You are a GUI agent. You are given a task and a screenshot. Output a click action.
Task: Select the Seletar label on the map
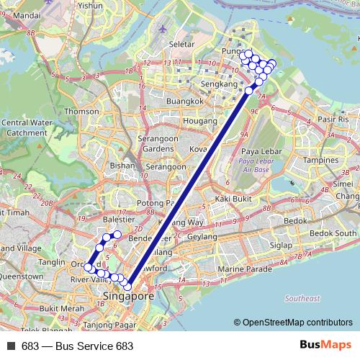point(181,44)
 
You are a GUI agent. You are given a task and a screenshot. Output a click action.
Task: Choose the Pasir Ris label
point(333,118)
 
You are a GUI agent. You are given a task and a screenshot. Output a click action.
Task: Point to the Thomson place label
point(81,112)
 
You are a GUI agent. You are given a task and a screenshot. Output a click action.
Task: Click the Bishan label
point(119,165)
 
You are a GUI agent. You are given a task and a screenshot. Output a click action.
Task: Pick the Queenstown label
point(24,276)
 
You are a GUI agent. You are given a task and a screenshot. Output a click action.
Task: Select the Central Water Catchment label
point(24,127)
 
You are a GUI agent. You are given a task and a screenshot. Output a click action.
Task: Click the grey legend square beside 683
point(11,346)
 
